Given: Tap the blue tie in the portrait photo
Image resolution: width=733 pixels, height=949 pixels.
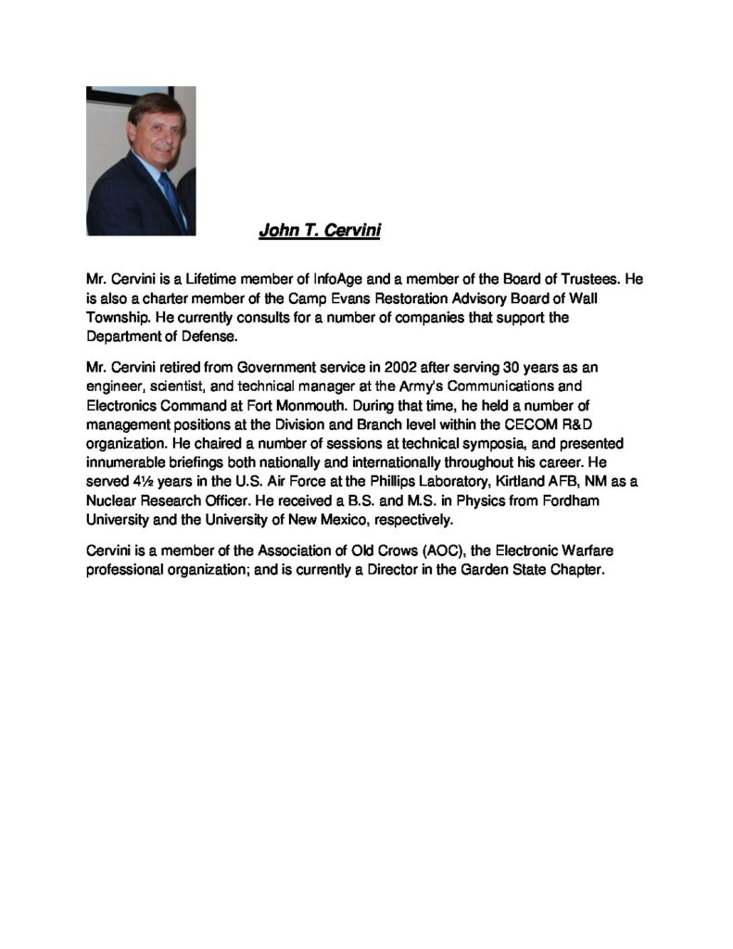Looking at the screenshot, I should coord(171,198).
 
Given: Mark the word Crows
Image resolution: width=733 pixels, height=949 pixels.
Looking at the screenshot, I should coord(325,550).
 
